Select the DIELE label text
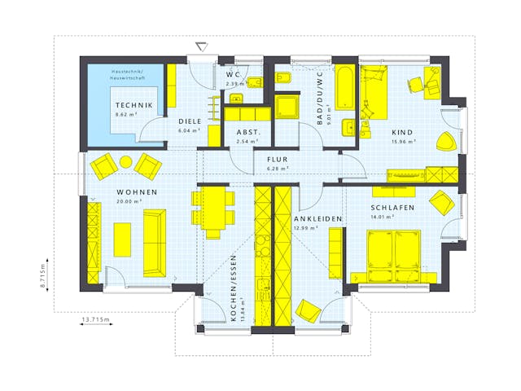click(x=190, y=121)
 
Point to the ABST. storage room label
click(x=247, y=131)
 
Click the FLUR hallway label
click(x=278, y=159)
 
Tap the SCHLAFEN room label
click(x=393, y=208)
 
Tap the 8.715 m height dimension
click(x=45, y=275)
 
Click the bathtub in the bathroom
click(x=345, y=87)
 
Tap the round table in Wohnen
click(x=126, y=162)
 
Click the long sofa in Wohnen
click(x=154, y=242)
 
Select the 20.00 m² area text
click(x=129, y=200)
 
